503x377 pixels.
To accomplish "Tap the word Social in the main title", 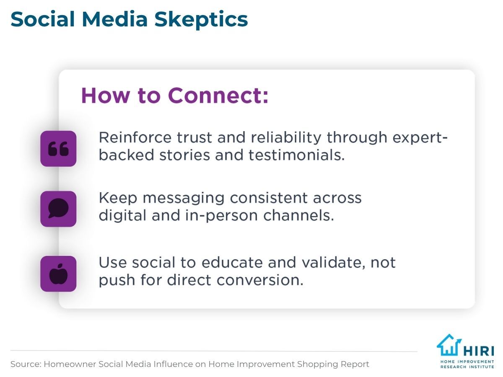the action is [x=43, y=19].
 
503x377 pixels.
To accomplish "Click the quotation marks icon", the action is [x=58, y=149].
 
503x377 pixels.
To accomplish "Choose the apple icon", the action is [x=58, y=274].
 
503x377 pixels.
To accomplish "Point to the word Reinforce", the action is [x=135, y=137].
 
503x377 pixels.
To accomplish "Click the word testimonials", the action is [x=296, y=155].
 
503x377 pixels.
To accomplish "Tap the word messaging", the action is [x=183, y=198].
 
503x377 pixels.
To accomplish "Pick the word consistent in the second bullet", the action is [x=269, y=198].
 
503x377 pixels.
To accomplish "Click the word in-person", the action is [x=221, y=216].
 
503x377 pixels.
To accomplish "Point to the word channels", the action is [x=298, y=215].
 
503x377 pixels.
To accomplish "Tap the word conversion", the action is [x=260, y=280].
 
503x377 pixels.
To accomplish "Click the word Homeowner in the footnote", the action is [x=70, y=364].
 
